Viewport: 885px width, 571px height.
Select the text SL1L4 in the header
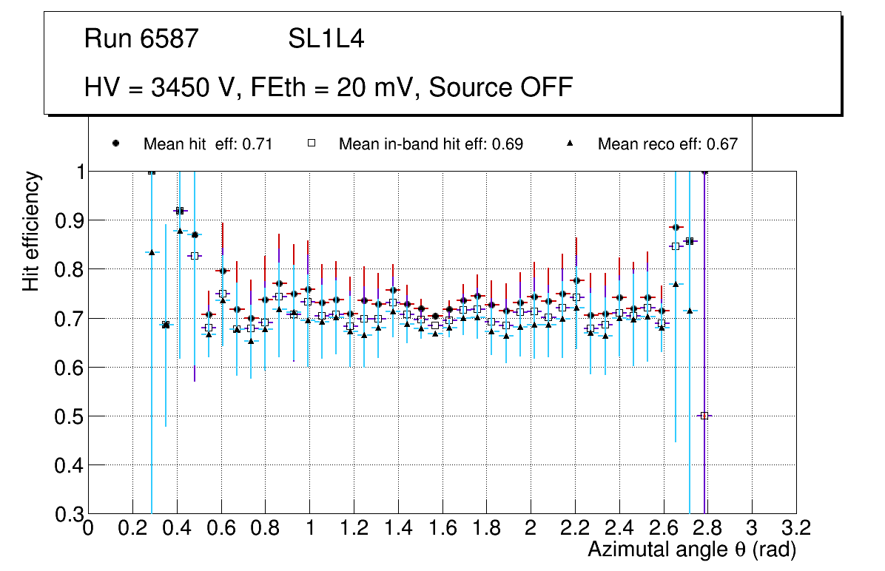326,39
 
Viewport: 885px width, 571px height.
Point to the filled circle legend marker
115,143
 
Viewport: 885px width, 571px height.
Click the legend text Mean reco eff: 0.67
667,144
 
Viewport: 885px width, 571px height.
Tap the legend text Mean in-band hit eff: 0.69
431,144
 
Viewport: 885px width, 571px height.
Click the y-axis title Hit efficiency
31,231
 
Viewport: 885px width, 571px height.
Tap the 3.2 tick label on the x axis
796,527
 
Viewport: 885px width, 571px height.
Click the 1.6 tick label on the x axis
442,527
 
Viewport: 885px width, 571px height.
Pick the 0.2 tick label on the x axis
132,527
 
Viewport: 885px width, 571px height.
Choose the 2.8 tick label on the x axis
707,527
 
